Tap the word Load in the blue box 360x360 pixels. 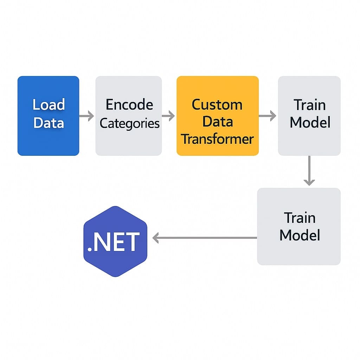coord(49,105)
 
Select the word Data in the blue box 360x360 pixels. coord(49,123)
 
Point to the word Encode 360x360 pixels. coord(129,105)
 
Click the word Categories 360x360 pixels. coord(129,124)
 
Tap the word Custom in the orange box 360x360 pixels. coord(217,105)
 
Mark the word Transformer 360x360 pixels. coord(218,139)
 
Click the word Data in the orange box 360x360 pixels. coord(218,122)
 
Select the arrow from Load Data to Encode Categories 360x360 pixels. coord(87,116)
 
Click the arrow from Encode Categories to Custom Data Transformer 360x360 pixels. coord(169,116)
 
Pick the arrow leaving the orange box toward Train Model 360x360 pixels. coord(268,116)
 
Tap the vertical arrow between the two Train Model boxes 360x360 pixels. coord(309,171)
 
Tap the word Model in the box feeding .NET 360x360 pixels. coord(300,235)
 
